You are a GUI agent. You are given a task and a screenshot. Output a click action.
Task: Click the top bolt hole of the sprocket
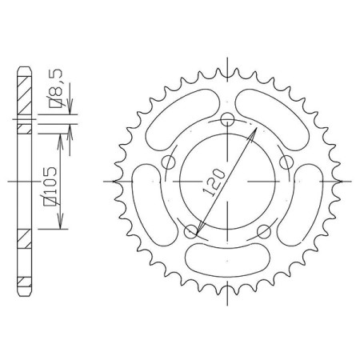(x=227, y=119)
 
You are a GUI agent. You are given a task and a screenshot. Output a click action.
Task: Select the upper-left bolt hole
(x=169, y=162)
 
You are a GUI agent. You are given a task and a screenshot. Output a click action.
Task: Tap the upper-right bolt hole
(x=286, y=162)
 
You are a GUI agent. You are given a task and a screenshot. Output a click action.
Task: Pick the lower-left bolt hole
(x=191, y=231)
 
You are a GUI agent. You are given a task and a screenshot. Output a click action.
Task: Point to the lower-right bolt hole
(x=264, y=231)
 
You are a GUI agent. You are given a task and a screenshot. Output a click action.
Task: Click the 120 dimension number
(x=214, y=182)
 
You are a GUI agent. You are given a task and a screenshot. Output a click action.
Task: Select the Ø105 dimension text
(x=51, y=186)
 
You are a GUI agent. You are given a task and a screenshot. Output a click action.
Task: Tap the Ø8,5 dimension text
(x=56, y=89)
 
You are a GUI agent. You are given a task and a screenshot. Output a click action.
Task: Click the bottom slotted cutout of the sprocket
(x=227, y=260)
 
